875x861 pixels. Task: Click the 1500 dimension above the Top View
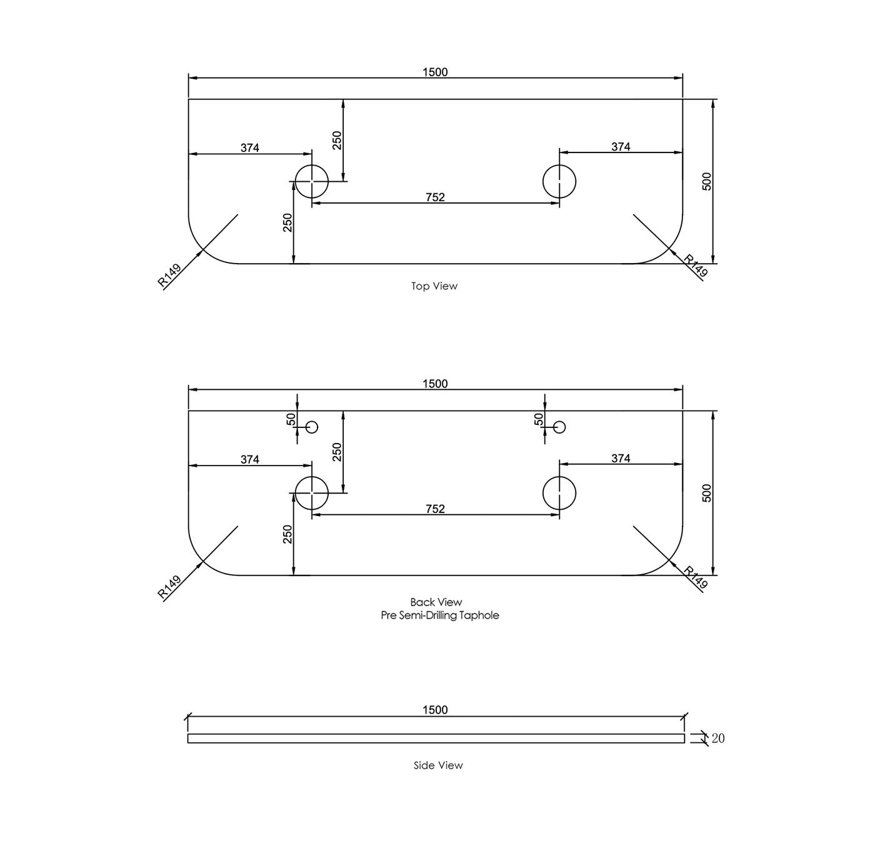tap(435, 72)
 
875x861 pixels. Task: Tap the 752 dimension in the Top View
tap(435, 197)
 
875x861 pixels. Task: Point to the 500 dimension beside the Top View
tap(706, 182)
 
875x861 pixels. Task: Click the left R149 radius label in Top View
tap(169, 275)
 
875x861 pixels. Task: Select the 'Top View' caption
tap(434, 286)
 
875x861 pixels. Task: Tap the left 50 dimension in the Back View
tap(291, 419)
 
